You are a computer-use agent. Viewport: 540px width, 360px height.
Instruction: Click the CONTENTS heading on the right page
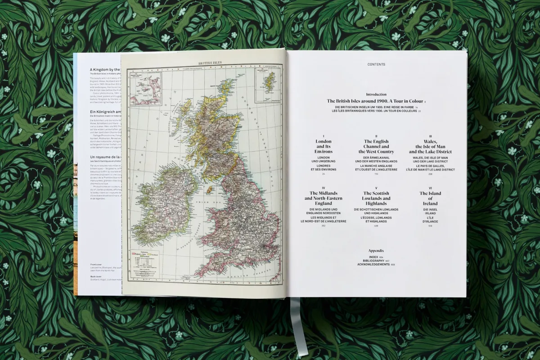pyautogui.click(x=376, y=64)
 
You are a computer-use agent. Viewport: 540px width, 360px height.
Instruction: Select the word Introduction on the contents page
pyautogui.click(x=376, y=94)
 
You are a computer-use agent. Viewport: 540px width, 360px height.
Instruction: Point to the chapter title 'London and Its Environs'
pyautogui.click(x=324, y=146)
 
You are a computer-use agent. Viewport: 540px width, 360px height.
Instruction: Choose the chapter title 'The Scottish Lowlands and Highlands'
pyautogui.click(x=376, y=198)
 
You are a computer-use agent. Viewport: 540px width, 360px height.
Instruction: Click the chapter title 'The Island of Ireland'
pyautogui.click(x=430, y=198)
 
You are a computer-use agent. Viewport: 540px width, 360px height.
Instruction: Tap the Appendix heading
pyautogui.click(x=376, y=250)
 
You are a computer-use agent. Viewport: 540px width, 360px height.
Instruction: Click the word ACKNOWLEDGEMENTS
pyautogui.click(x=373, y=265)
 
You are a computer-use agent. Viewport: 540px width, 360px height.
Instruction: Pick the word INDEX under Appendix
pyautogui.click(x=373, y=256)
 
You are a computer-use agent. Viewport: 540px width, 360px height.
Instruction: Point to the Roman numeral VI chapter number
pyautogui.click(x=430, y=188)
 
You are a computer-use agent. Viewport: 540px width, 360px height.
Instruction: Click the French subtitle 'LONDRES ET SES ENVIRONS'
pyautogui.click(x=324, y=167)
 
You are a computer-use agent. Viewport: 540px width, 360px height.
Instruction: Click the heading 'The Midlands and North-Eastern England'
pyautogui.click(x=324, y=198)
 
